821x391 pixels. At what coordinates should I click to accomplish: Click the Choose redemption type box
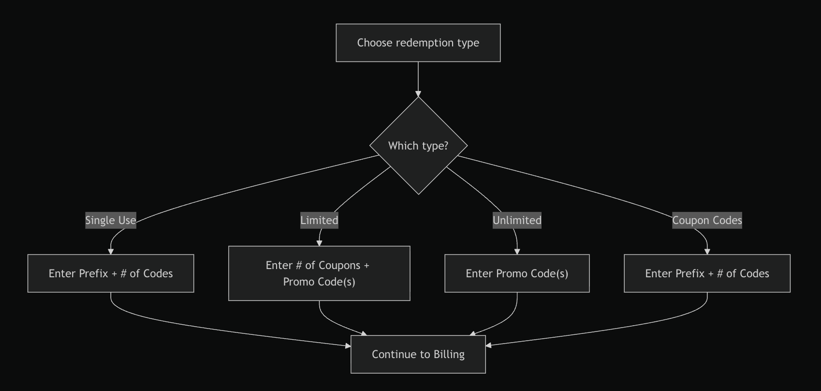[418, 43]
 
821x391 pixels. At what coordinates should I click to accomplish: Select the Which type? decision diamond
[419, 146]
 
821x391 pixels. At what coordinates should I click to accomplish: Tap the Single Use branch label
[111, 221]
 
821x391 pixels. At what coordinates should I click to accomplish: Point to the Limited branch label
[319, 221]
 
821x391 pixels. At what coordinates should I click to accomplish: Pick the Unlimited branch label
[517, 221]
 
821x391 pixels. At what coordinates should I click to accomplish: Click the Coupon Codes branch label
[707, 221]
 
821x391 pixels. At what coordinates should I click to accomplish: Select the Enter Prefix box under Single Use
[111, 273]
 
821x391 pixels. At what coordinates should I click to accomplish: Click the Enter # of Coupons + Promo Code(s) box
[319, 273]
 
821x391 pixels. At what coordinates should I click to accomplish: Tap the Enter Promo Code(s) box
[517, 273]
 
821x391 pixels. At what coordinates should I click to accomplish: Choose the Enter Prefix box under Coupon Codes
[707, 273]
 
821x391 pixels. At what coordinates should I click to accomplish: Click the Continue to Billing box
[418, 354]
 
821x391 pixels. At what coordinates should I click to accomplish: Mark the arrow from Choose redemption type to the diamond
[418, 79]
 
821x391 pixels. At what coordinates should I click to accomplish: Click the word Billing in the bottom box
[449, 354]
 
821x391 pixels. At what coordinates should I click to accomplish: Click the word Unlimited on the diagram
[517, 221]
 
